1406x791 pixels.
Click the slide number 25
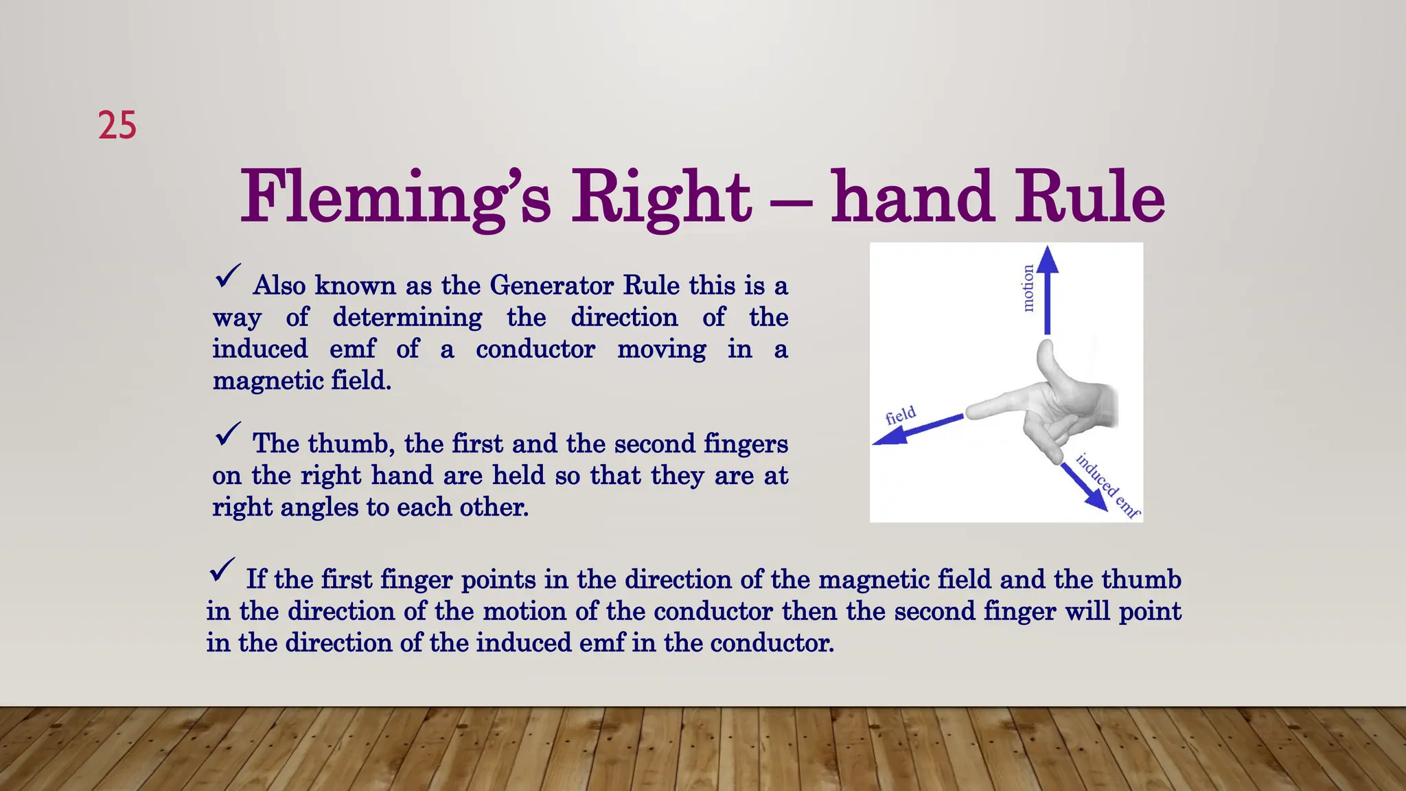pyautogui.click(x=117, y=126)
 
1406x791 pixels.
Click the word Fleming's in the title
pyautogui.click(x=395, y=198)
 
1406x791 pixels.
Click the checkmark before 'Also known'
pyautogui.click(x=227, y=276)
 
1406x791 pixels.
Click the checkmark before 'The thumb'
pyautogui.click(x=227, y=434)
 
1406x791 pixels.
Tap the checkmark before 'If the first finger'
pyautogui.click(x=222, y=570)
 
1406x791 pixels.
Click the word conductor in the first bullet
pyautogui.click(x=535, y=349)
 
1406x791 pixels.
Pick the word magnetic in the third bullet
pyautogui.click(x=874, y=580)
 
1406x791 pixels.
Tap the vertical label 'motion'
pyautogui.click(x=1028, y=288)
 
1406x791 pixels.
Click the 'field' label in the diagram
pyautogui.click(x=901, y=415)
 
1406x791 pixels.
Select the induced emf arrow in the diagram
pyautogui.click(x=1084, y=486)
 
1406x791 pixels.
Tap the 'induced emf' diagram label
pyautogui.click(x=1107, y=485)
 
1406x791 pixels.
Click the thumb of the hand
pyautogui.click(x=1050, y=364)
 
